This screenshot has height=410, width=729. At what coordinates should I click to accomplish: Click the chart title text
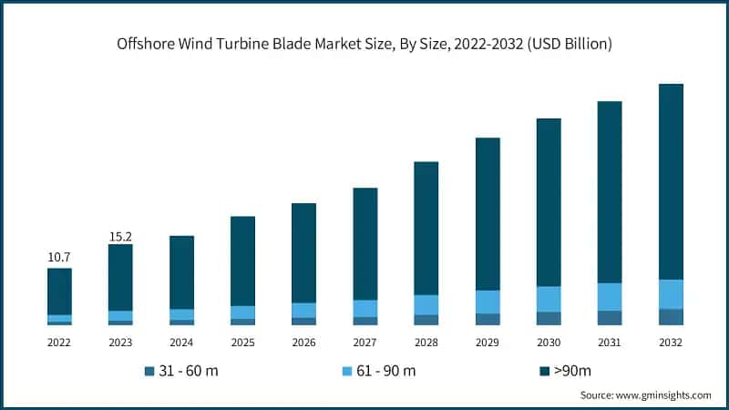pos(364,43)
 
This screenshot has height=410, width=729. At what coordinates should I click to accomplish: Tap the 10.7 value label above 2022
pos(59,259)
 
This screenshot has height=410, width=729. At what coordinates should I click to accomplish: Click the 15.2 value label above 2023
pos(120,235)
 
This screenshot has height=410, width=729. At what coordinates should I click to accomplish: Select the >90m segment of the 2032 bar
pos(671,181)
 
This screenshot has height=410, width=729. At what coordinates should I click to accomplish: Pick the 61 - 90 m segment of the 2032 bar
pos(671,294)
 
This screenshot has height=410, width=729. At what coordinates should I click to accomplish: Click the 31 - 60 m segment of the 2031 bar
pos(610,318)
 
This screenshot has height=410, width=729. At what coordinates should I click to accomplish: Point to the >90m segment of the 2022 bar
pos(59,292)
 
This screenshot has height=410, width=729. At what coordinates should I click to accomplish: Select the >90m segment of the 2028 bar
pos(426,228)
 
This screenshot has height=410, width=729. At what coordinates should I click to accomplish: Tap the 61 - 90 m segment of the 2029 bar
pos(488,302)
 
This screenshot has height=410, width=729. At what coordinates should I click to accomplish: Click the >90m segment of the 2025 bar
pos(242,261)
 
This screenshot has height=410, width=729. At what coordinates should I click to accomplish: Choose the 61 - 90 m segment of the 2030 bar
pos(549,299)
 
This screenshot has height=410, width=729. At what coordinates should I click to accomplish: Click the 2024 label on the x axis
pos(181,342)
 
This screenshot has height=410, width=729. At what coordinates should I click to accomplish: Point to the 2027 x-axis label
pos(365,342)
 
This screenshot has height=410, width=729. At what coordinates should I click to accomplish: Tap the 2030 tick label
pos(549,342)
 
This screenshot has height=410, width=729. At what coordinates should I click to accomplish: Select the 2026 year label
pos(303,342)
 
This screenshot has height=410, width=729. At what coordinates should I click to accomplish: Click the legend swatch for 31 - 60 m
pos(149,371)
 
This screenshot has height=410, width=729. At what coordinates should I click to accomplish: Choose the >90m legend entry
pos(571,371)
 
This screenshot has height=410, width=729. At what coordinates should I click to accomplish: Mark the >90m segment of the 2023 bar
pos(120,277)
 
